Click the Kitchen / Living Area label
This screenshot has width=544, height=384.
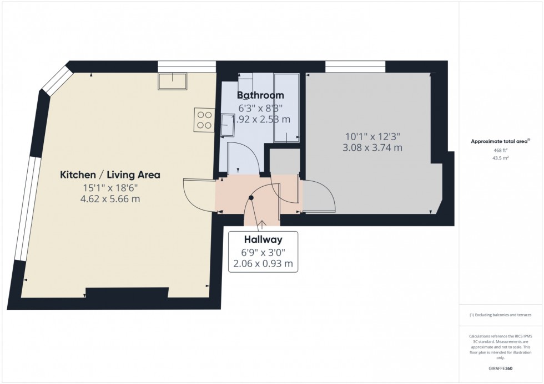coord(110,175)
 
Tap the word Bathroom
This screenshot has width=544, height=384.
coord(261,95)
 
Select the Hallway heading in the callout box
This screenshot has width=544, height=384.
coord(264,240)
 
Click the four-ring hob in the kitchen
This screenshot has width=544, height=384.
coord(204,120)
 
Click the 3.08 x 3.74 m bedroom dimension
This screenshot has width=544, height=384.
coord(372,148)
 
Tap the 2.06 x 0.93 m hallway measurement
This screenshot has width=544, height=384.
coord(264,264)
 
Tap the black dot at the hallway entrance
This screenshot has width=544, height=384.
coord(252,198)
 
